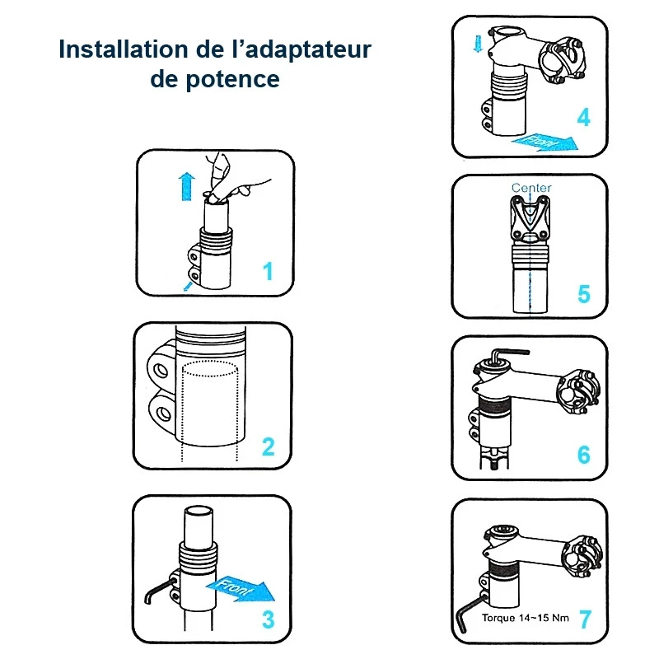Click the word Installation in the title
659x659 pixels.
124,49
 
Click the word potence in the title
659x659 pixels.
232,80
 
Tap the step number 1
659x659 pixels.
268,271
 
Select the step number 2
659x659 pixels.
269,446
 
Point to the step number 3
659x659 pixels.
269,619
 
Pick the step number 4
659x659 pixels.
584,117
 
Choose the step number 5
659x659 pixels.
584,294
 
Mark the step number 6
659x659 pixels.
584,455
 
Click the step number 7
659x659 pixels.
586,619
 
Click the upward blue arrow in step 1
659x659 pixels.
187,187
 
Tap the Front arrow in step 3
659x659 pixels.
241,589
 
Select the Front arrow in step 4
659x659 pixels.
545,142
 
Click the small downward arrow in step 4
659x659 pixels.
479,44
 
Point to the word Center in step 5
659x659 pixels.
531,188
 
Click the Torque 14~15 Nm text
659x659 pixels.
526,618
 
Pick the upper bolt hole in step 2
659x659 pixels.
161,370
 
